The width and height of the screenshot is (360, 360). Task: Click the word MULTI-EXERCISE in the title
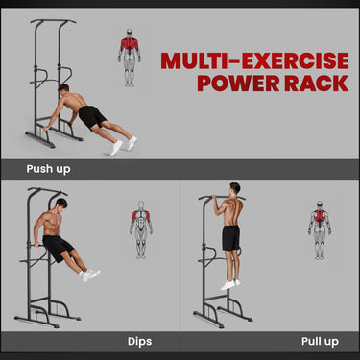[x=253, y=61]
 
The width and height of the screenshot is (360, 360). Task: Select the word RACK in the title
[x=313, y=84]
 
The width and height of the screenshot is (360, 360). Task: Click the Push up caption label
[x=48, y=169]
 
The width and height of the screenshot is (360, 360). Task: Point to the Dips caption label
[x=140, y=340]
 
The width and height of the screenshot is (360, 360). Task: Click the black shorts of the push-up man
[x=92, y=117]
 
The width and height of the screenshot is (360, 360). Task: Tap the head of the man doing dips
[x=60, y=204]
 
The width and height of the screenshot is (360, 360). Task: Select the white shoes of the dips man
[x=91, y=275]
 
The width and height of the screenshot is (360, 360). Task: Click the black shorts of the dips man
[x=59, y=247]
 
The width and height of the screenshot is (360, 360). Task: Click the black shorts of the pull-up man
[x=231, y=237]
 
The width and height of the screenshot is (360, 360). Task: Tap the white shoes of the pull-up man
[x=228, y=284]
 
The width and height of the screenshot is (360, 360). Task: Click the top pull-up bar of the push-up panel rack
[x=52, y=21]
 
